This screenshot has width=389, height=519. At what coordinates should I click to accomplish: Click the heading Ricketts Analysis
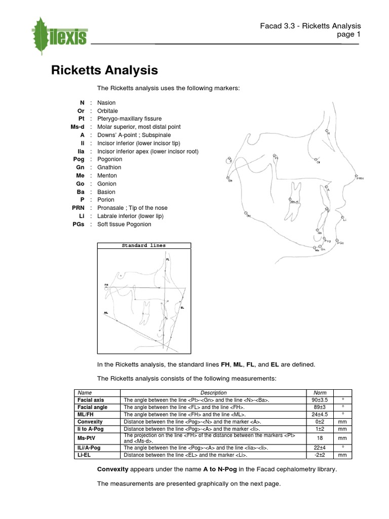104,70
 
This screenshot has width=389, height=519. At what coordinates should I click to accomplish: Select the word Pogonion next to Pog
109,159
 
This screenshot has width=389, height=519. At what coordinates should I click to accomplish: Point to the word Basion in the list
106,192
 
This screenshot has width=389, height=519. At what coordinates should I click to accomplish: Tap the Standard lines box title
143,246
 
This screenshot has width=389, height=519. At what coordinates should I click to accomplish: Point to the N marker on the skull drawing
327,131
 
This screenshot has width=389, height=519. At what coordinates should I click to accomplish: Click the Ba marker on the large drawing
228,177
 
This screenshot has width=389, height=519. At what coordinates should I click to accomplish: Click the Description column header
213,392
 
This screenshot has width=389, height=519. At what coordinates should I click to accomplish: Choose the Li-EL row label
84,455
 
